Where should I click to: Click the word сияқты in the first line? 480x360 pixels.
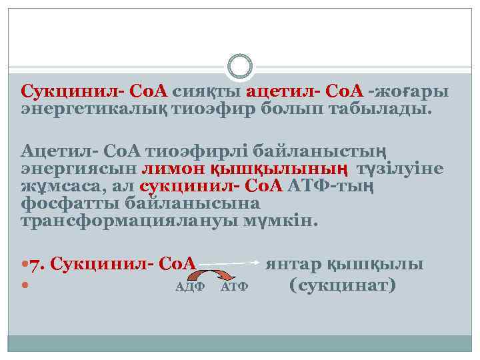(x=207, y=91)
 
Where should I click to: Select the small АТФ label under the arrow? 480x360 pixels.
(x=234, y=287)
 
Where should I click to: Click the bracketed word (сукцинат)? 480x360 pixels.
(x=343, y=285)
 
